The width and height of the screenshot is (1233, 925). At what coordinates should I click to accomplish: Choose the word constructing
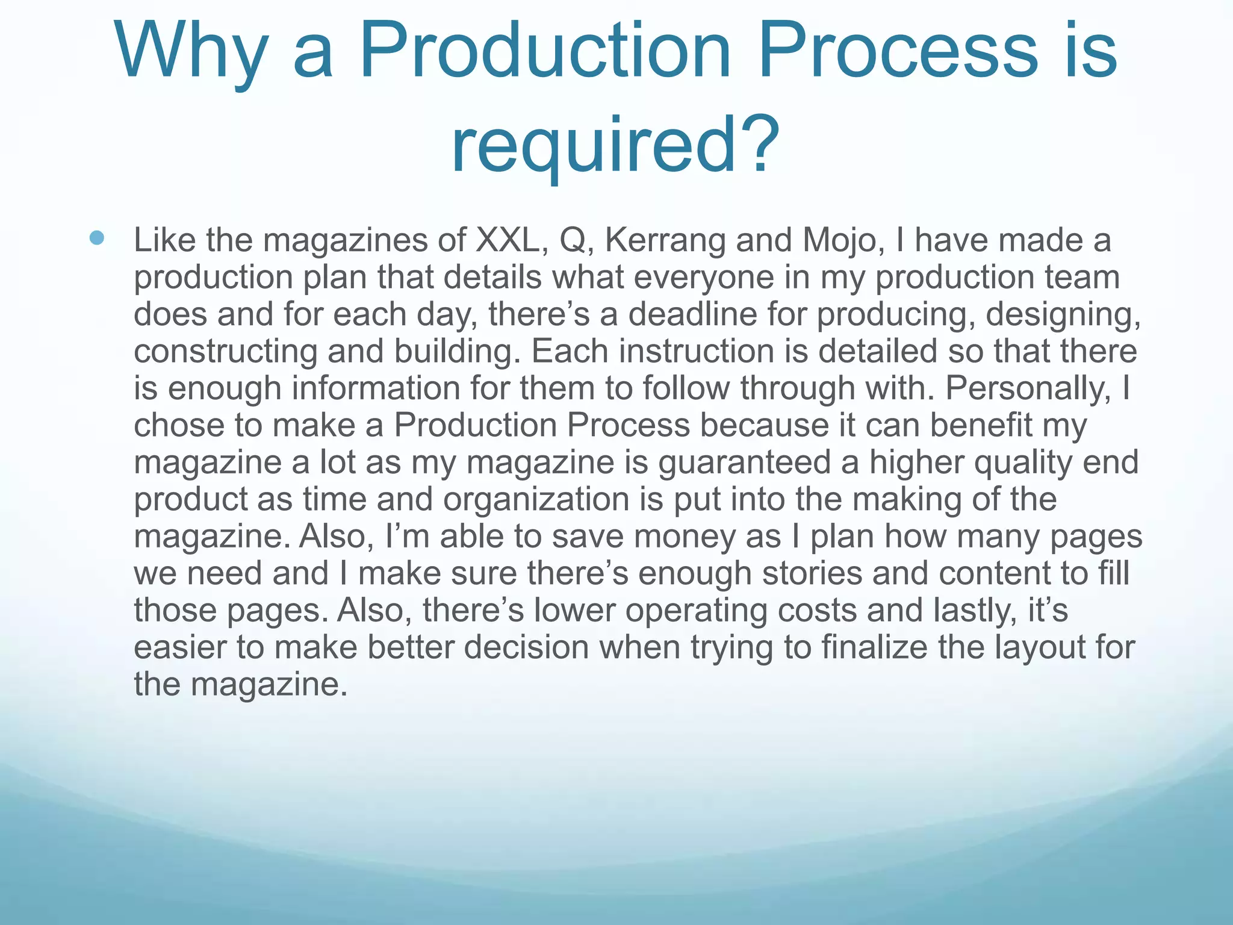(x=225, y=351)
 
